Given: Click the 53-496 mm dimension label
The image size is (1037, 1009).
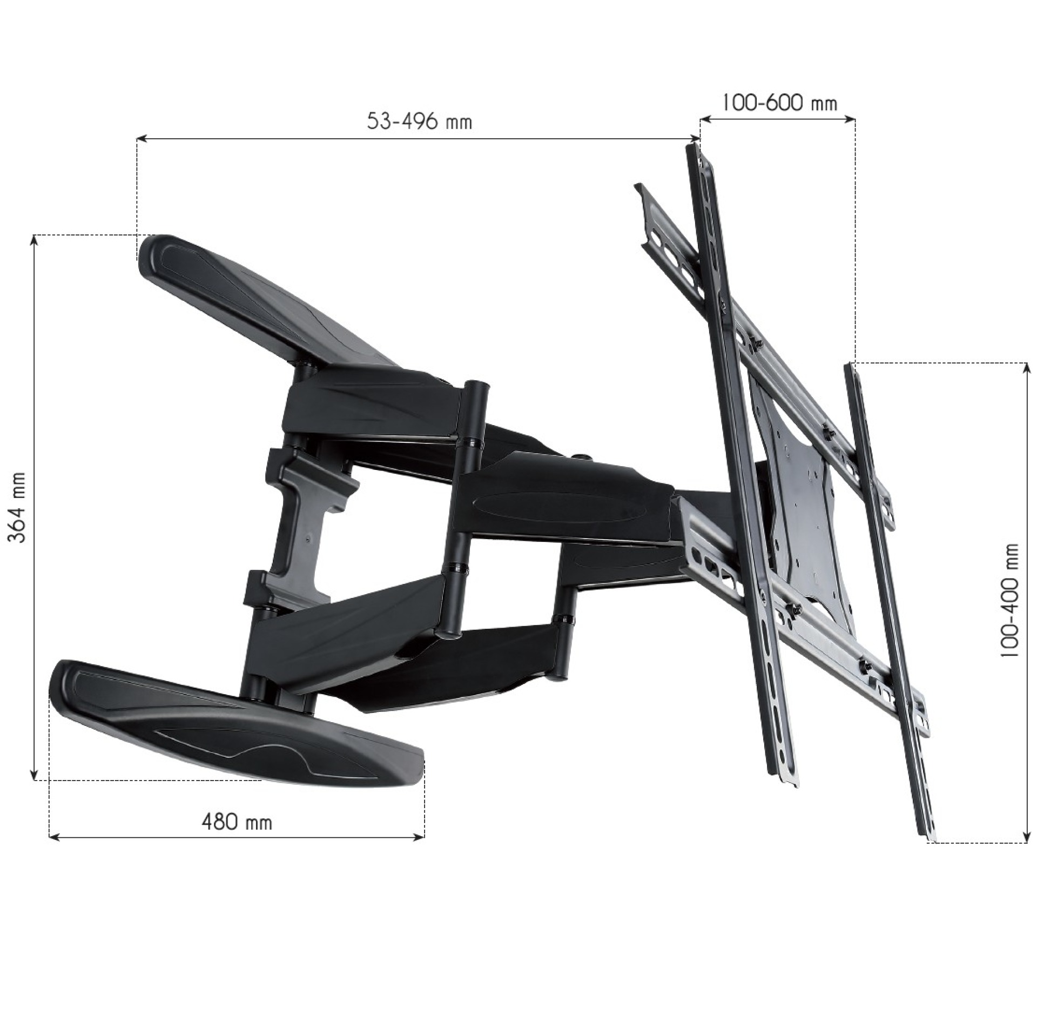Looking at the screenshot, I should [x=419, y=122].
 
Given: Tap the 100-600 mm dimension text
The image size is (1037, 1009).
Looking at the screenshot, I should [x=779, y=103].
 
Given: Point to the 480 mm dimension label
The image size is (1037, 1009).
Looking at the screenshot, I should [x=237, y=822].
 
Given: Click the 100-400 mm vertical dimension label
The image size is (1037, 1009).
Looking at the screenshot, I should [x=1009, y=600].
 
